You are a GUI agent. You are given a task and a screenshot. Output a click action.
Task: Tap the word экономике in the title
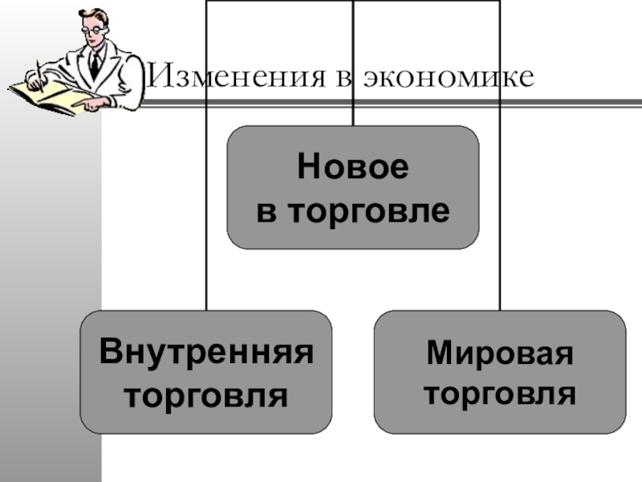point(449,77)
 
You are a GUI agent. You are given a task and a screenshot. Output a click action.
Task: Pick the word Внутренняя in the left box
point(205,353)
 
